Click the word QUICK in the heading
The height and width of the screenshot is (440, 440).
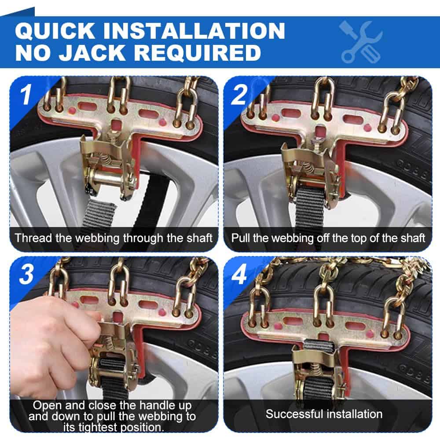(55, 31)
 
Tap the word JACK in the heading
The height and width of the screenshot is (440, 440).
(92, 52)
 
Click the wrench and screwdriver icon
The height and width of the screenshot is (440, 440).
(361, 42)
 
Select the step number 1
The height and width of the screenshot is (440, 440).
(26, 95)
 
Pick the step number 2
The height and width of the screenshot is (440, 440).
(239, 95)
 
